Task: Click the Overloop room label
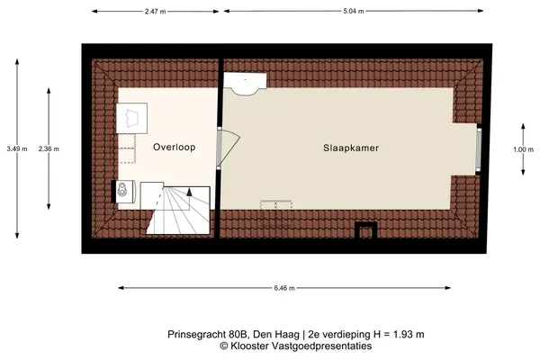click(x=175, y=147)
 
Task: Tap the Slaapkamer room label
click(x=351, y=148)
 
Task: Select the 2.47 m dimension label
click(x=156, y=12)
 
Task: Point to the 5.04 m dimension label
click(x=354, y=11)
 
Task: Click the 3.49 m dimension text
click(x=17, y=149)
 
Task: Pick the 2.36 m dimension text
click(x=49, y=149)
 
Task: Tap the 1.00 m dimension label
click(x=523, y=149)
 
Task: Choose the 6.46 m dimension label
click(x=284, y=288)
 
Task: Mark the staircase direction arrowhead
click(x=189, y=192)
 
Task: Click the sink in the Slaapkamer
click(x=245, y=83)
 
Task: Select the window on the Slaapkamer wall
click(x=479, y=148)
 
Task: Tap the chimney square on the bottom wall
click(x=365, y=230)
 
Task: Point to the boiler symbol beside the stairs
click(x=122, y=191)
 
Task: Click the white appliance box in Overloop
click(x=131, y=118)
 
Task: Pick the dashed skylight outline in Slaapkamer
click(x=276, y=213)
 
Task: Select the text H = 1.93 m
click(x=399, y=334)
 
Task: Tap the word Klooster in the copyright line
click(x=251, y=346)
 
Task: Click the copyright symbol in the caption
click(x=224, y=346)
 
